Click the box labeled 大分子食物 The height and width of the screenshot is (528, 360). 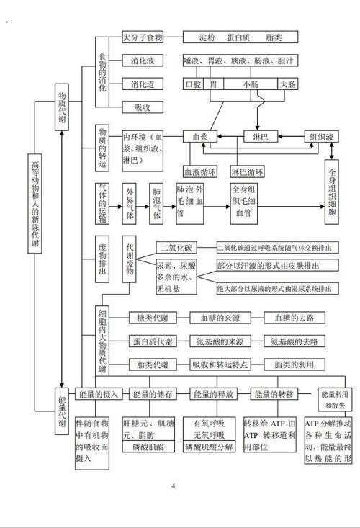click(x=143, y=37)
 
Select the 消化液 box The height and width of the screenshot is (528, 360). click(x=143, y=61)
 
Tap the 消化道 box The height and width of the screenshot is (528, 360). click(x=143, y=84)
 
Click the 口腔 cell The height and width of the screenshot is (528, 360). click(x=193, y=84)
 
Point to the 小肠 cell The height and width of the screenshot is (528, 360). click(x=250, y=84)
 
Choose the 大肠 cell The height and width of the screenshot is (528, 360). click(x=287, y=84)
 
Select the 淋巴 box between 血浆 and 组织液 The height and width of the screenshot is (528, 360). click(x=261, y=136)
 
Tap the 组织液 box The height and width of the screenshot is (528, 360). click(x=320, y=136)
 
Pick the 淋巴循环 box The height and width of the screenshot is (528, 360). click(x=248, y=172)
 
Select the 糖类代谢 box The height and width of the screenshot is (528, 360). click(x=152, y=317)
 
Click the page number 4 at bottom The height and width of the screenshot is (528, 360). click(x=173, y=485)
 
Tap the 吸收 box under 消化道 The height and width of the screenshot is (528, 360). click(x=143, y=108)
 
